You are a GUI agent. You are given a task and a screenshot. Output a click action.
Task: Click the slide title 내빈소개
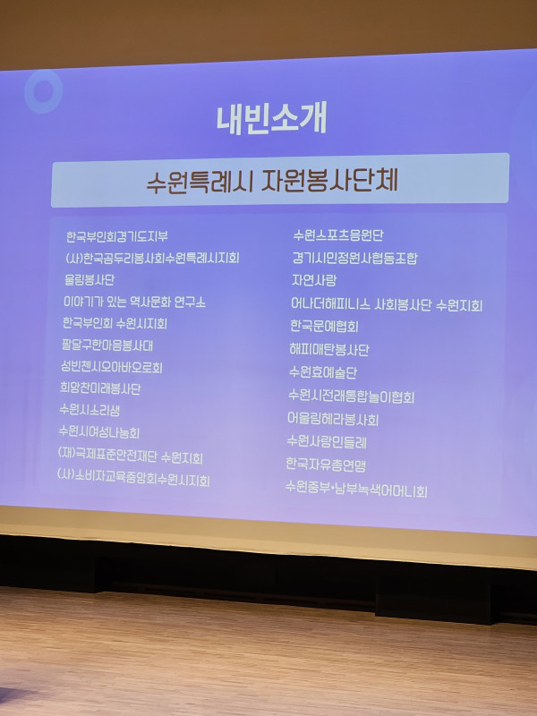tap(272, 119)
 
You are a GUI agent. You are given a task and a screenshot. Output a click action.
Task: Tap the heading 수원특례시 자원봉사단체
tap(272, 181)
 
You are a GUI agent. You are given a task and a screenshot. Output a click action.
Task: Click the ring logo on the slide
tap(43, 91)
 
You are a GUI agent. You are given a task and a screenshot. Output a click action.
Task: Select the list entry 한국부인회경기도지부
tap(117, 236)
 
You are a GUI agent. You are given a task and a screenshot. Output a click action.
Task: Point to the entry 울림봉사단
tap(89, 279)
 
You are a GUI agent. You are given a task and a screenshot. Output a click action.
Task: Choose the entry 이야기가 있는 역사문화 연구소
tap(135, 302)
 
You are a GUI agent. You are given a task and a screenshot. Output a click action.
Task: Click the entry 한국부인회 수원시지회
tap(115, 323)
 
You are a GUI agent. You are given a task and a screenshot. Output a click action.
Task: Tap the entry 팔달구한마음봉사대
tap(107, 345)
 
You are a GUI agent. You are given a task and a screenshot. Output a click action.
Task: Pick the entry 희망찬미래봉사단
tap(100, 388)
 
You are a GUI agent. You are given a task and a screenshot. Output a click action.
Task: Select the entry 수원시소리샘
tap(89, 410)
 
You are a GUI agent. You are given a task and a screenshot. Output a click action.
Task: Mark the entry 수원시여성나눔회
tap(99, 432)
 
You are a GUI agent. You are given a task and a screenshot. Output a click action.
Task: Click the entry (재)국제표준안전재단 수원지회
tap(130, 456)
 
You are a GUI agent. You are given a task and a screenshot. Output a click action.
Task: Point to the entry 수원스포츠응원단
tap(338, 235)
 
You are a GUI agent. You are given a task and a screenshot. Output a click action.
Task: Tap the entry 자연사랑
tap(314, 280)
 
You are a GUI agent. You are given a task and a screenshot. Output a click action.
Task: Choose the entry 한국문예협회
tap(324, 326)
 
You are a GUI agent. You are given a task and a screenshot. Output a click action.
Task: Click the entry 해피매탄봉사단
tap(328, 349)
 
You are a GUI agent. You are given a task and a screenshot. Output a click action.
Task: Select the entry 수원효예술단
tap(322, 372)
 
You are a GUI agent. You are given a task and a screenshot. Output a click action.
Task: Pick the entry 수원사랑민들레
tap(327, 441)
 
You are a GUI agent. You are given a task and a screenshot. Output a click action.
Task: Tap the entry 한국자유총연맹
tap(326, 465)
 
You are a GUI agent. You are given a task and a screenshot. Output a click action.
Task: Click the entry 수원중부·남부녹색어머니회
tap(356, 490)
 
